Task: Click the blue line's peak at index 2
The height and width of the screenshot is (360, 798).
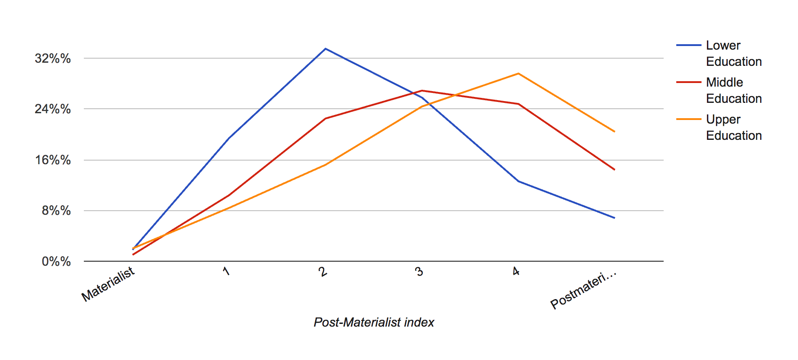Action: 326,49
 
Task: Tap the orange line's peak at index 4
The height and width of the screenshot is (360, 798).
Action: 518,74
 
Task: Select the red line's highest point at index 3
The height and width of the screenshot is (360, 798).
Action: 422,91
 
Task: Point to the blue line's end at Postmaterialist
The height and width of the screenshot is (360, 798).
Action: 614,218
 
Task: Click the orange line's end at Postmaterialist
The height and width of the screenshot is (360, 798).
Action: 614,131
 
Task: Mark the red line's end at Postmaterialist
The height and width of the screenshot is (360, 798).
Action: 614,170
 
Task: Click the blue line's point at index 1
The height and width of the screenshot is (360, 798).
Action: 229,138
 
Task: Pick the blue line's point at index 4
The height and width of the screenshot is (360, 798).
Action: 518,181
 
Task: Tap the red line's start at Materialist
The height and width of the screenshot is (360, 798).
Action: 133,254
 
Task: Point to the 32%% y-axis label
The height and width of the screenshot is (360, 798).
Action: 53,58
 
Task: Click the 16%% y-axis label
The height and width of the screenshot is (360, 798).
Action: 53,160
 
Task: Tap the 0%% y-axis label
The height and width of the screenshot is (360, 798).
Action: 56,261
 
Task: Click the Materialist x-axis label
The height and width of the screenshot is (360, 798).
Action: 108,284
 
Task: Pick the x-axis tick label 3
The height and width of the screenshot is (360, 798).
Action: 419,272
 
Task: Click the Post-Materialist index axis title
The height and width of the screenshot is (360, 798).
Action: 374,322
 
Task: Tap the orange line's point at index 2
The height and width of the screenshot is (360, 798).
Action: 326,165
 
